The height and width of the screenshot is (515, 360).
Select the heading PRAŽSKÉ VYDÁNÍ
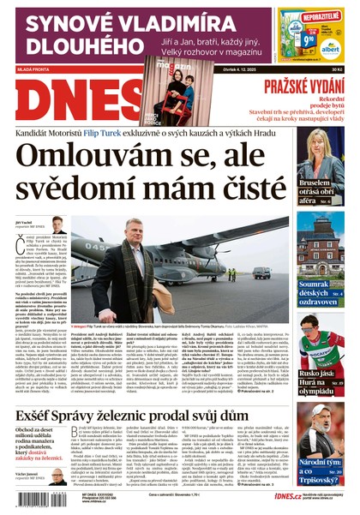pyautogui.click(x=304, y=85)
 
